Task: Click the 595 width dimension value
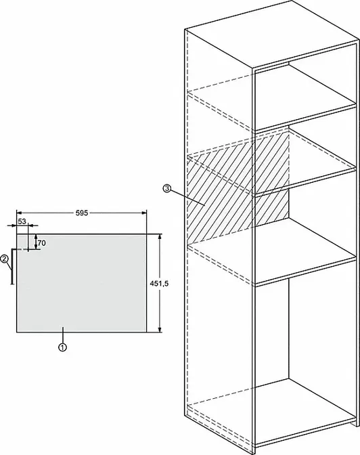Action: (81, 213)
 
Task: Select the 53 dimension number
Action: (22, 221)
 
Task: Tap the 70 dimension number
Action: (42, 243)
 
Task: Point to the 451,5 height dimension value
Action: (159, 284)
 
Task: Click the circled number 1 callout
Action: (63, 347)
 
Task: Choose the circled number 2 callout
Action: (4, 259)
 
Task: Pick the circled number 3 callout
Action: (166, 189)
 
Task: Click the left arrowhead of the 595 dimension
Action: (19, 213)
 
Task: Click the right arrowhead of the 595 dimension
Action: (144, 213)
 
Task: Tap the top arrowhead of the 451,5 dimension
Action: (160, 236)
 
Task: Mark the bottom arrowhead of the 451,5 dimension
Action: (160, 329)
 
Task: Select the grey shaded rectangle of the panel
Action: (81, 283)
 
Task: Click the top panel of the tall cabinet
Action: (271, 35)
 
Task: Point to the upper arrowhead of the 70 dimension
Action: (36, 236)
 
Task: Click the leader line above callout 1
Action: (63, 334)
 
